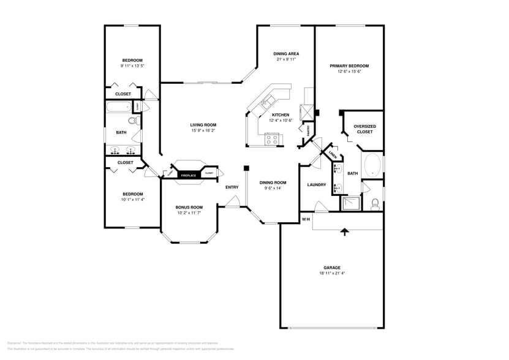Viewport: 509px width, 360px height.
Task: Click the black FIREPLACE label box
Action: (x=188, y=176)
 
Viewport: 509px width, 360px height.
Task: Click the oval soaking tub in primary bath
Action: (x=372, y=165)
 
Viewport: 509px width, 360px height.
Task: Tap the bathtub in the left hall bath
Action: (x=119, y=107)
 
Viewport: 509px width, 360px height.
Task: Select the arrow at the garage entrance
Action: (x=344, y=231)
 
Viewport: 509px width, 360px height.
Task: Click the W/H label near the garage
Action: (x=306, y=219)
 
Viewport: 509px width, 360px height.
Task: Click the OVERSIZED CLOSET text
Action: (x=364, y=129)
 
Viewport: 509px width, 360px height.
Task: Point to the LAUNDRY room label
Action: (x=316, y=184)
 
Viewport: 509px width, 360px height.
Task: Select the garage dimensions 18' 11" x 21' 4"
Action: (x=332, y=274)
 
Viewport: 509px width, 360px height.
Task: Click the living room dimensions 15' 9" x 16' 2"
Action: (x=202, y=130)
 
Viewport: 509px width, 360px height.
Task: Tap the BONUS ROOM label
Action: (x=189, y=207)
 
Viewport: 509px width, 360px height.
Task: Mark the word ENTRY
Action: (x=232, y=187)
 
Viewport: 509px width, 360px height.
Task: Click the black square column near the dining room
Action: (x=246, y=168)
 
